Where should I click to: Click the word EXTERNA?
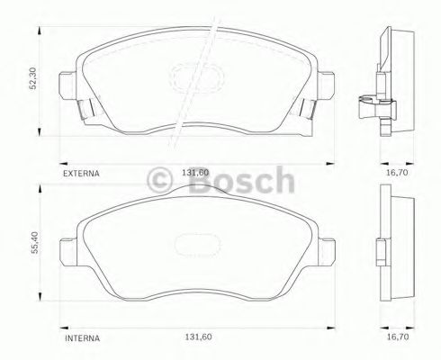[x=80, y=169]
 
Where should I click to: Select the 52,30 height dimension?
[x=33, y=80]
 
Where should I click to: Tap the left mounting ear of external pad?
[x=64, y=88]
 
